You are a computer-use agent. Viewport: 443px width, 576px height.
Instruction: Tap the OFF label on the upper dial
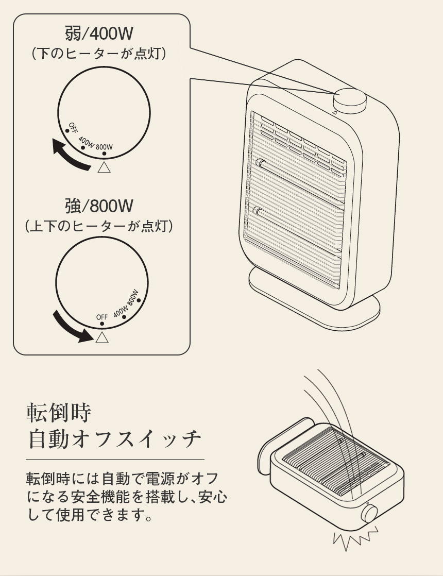73,127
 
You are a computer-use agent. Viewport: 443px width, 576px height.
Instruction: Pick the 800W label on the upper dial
105,146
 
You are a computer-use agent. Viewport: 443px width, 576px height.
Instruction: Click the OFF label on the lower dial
102,317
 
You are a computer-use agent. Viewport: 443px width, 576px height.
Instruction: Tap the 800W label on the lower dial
133,298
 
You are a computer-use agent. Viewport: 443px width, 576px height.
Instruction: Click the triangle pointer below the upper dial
105,167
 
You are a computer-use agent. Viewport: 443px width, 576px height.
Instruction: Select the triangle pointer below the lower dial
102,337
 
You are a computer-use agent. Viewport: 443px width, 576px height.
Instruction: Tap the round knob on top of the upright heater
350,100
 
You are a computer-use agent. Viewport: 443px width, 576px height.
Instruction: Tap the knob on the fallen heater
369,513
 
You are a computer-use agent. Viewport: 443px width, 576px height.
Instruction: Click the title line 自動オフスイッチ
114,438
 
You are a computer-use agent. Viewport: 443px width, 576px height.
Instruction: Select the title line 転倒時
59,412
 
